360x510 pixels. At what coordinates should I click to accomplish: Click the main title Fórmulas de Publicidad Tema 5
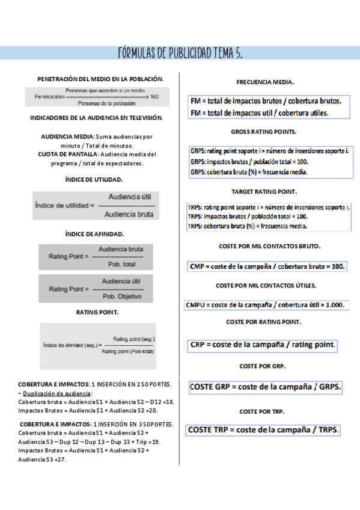tap(180, 54)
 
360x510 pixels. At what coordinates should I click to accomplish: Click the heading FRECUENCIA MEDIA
tap(265, 82)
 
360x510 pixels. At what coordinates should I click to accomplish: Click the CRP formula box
tap(263, 345)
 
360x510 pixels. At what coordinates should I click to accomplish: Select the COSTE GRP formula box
tap(265, 387)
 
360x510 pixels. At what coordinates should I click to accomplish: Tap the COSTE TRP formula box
tap(263, 430)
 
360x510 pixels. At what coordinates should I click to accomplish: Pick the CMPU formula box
tap(266, 305)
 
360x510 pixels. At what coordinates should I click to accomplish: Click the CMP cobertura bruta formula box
tap(267, 266)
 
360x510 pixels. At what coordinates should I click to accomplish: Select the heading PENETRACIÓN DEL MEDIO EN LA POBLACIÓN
tap(100, 79)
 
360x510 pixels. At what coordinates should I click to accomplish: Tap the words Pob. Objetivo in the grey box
tap(121, 296)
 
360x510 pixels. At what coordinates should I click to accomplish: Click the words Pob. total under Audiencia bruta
tap(121, 264)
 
